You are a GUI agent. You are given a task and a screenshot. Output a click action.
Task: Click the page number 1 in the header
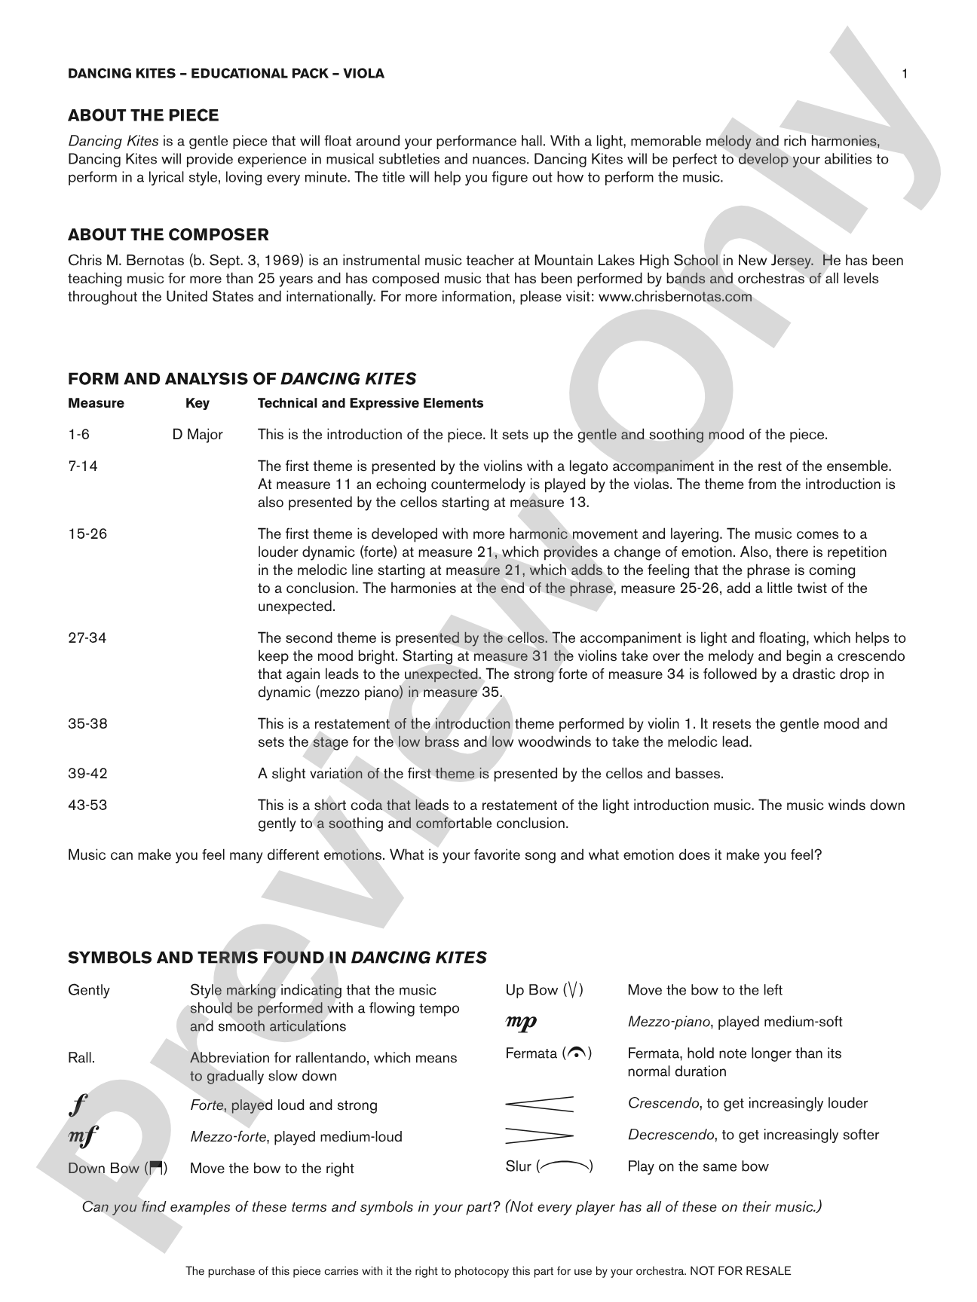[x=905, y=74]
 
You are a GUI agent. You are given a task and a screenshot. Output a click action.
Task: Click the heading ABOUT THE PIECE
[x=143, y=115]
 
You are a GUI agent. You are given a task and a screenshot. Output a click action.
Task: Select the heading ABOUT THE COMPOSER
[x=168, y=234]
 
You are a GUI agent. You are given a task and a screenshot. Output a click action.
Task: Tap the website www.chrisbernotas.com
[x=675, y=296]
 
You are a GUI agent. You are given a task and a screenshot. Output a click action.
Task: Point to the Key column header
[x=198, y=403]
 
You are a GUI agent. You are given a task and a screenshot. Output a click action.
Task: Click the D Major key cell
[x=198, y=435]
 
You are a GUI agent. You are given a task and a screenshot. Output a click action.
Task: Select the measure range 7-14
[x=83, y=466]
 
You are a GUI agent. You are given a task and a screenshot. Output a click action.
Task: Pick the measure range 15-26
[x=87, y=534]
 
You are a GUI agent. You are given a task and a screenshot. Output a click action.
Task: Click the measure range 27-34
[x=87, y=638]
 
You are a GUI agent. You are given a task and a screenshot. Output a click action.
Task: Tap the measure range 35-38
[x=87, y=724]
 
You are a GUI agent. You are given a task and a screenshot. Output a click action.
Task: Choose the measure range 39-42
[x=87, y=774]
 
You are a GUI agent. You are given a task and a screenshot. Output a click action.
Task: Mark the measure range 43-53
[x=87, y=805]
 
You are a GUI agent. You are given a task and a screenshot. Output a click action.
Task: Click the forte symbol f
[x=74, y=1105]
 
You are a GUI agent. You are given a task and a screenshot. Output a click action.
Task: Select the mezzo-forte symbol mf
[x=82, y=1136]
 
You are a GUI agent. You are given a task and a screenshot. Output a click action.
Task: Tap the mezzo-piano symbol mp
[x=521, y=1022]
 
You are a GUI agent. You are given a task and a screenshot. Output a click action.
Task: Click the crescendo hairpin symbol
[x=539, y=1104]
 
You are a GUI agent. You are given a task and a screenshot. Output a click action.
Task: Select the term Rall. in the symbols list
[x=81, y=1058]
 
